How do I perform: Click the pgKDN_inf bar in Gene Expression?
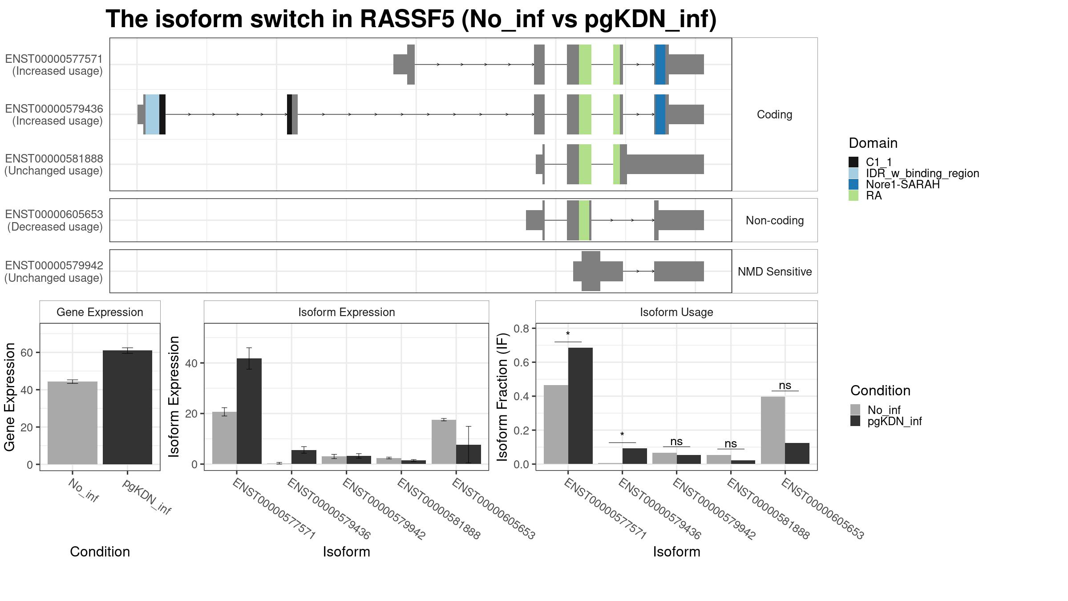click(x=127, y=407)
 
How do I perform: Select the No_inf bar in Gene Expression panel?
click(x=72, y=423)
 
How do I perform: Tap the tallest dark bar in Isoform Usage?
click(x=580, y=406)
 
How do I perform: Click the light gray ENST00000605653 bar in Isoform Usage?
click(x=773, y=430)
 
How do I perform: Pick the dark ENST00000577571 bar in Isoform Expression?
click(x=249, y=411)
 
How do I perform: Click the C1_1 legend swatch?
click(x=854, y=162)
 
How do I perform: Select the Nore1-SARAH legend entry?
click(x=894, y=184)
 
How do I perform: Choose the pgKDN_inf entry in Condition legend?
click(x=886, y=421)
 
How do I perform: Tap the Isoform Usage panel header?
click(x=676, y=312)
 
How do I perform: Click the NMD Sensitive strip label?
click(x=775, y=272)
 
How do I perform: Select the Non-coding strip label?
click(x=775, y=220)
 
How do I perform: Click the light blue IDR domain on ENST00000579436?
click(x=152, y=114)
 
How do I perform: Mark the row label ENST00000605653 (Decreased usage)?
click(x=54, y=220)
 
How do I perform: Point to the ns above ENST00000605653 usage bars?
click(x=785, y=386)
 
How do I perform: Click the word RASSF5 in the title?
click(x=407, y=19)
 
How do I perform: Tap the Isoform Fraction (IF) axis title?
click(x=503, y=397)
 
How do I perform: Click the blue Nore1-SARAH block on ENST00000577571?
click(x=661, y=65)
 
